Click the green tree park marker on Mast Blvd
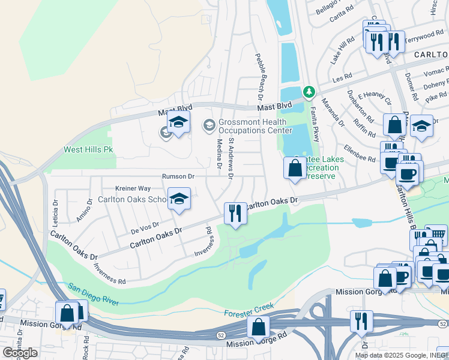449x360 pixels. tap(309, 92)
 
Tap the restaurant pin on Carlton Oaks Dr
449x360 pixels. tap(235, 213)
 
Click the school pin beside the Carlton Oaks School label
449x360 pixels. tap(178, 199)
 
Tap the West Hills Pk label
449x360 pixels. tap(88, 149)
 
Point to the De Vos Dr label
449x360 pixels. tap(144, 227)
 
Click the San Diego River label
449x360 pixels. tap(92, 294)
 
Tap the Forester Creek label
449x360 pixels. tap(249, 310)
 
